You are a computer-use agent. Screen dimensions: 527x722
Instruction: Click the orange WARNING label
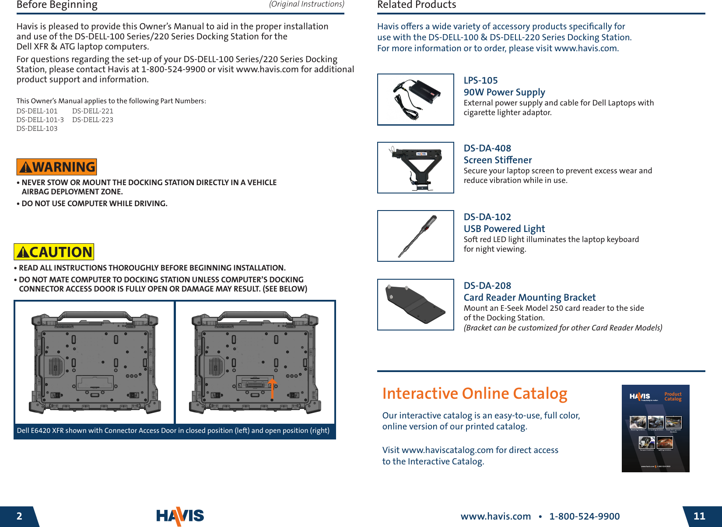tap(56, 167)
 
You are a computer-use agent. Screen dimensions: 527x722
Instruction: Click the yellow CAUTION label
tap(54, 252)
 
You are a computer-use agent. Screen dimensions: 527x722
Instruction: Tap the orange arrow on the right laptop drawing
tap(272, 388)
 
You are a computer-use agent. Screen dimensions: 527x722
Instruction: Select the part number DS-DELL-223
tap(93, 120)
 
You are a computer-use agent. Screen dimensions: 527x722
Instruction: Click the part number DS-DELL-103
tap(37, 129)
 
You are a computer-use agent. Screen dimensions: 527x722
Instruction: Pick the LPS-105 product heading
tap(480, 81)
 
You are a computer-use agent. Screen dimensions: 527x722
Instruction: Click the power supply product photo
tap(415, 100)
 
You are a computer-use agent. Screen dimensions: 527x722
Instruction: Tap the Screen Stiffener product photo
tap(415, 168)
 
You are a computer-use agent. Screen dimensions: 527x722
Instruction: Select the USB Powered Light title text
tap(504, 229)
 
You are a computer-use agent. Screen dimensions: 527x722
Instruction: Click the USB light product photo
tap(415, 236)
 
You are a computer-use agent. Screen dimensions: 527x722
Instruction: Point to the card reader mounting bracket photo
tap(415, 305)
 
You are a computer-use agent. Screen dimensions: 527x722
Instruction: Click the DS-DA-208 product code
tap(487, 286)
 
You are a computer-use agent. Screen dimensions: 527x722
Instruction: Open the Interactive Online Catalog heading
tap(474, 393)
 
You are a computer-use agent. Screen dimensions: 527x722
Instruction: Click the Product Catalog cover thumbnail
tap(655, 429)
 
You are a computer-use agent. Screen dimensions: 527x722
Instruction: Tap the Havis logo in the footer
tap(180, 516)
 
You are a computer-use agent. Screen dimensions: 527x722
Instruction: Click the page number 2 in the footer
tap(19, 516)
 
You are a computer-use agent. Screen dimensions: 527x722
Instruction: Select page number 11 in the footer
tap(699, 516)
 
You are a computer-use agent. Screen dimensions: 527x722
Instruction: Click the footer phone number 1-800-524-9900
tap(584, 516)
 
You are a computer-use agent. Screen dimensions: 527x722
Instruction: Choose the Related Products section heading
tap(417, 5)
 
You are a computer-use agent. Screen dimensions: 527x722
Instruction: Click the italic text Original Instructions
tap(306, 4)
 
